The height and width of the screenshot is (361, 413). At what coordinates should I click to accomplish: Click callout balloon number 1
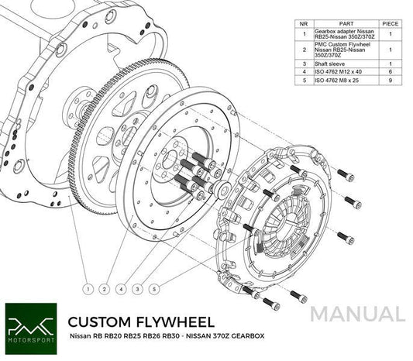(89, 289)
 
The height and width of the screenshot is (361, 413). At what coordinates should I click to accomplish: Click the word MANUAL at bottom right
(359, 315)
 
